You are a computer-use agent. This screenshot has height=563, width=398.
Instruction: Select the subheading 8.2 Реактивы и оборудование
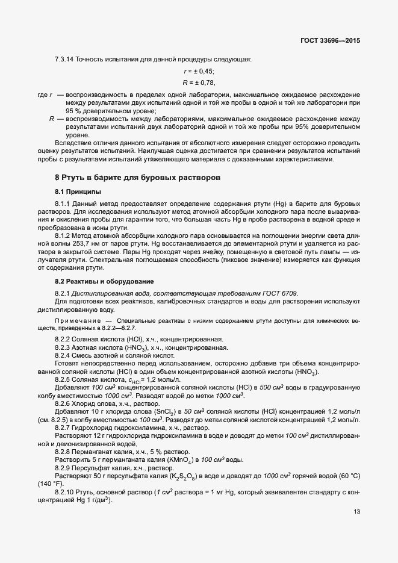pos(97,282)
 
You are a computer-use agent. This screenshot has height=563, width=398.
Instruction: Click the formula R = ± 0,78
pos(199,82)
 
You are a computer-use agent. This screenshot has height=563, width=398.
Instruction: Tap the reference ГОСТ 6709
pos(281,293)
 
